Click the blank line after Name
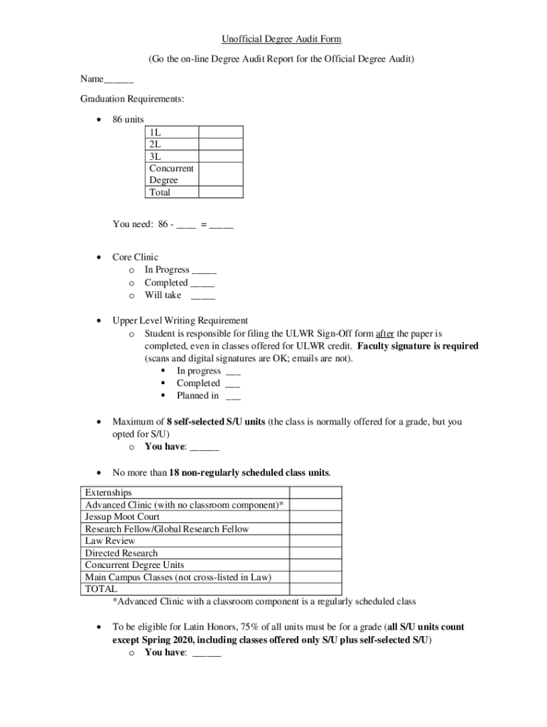(119, 79)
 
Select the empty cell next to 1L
(220, 132)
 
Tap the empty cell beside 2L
(220, 144)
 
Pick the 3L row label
(156, 156)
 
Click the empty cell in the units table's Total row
(220, 192)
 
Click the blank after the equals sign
(221, 225)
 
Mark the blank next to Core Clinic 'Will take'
(203, 295)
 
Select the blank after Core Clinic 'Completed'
(202, 283)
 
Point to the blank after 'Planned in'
(232, 396)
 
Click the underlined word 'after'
(384, 333)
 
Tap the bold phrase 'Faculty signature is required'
(418, 346)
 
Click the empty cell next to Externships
(315, 492)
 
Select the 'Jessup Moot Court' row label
(122, 517)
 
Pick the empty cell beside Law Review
(315, 541)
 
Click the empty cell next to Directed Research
(315, 553)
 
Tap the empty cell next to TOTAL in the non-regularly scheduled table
(315, 589)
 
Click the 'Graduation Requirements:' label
(132, 99)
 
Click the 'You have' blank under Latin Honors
(207, 653)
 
